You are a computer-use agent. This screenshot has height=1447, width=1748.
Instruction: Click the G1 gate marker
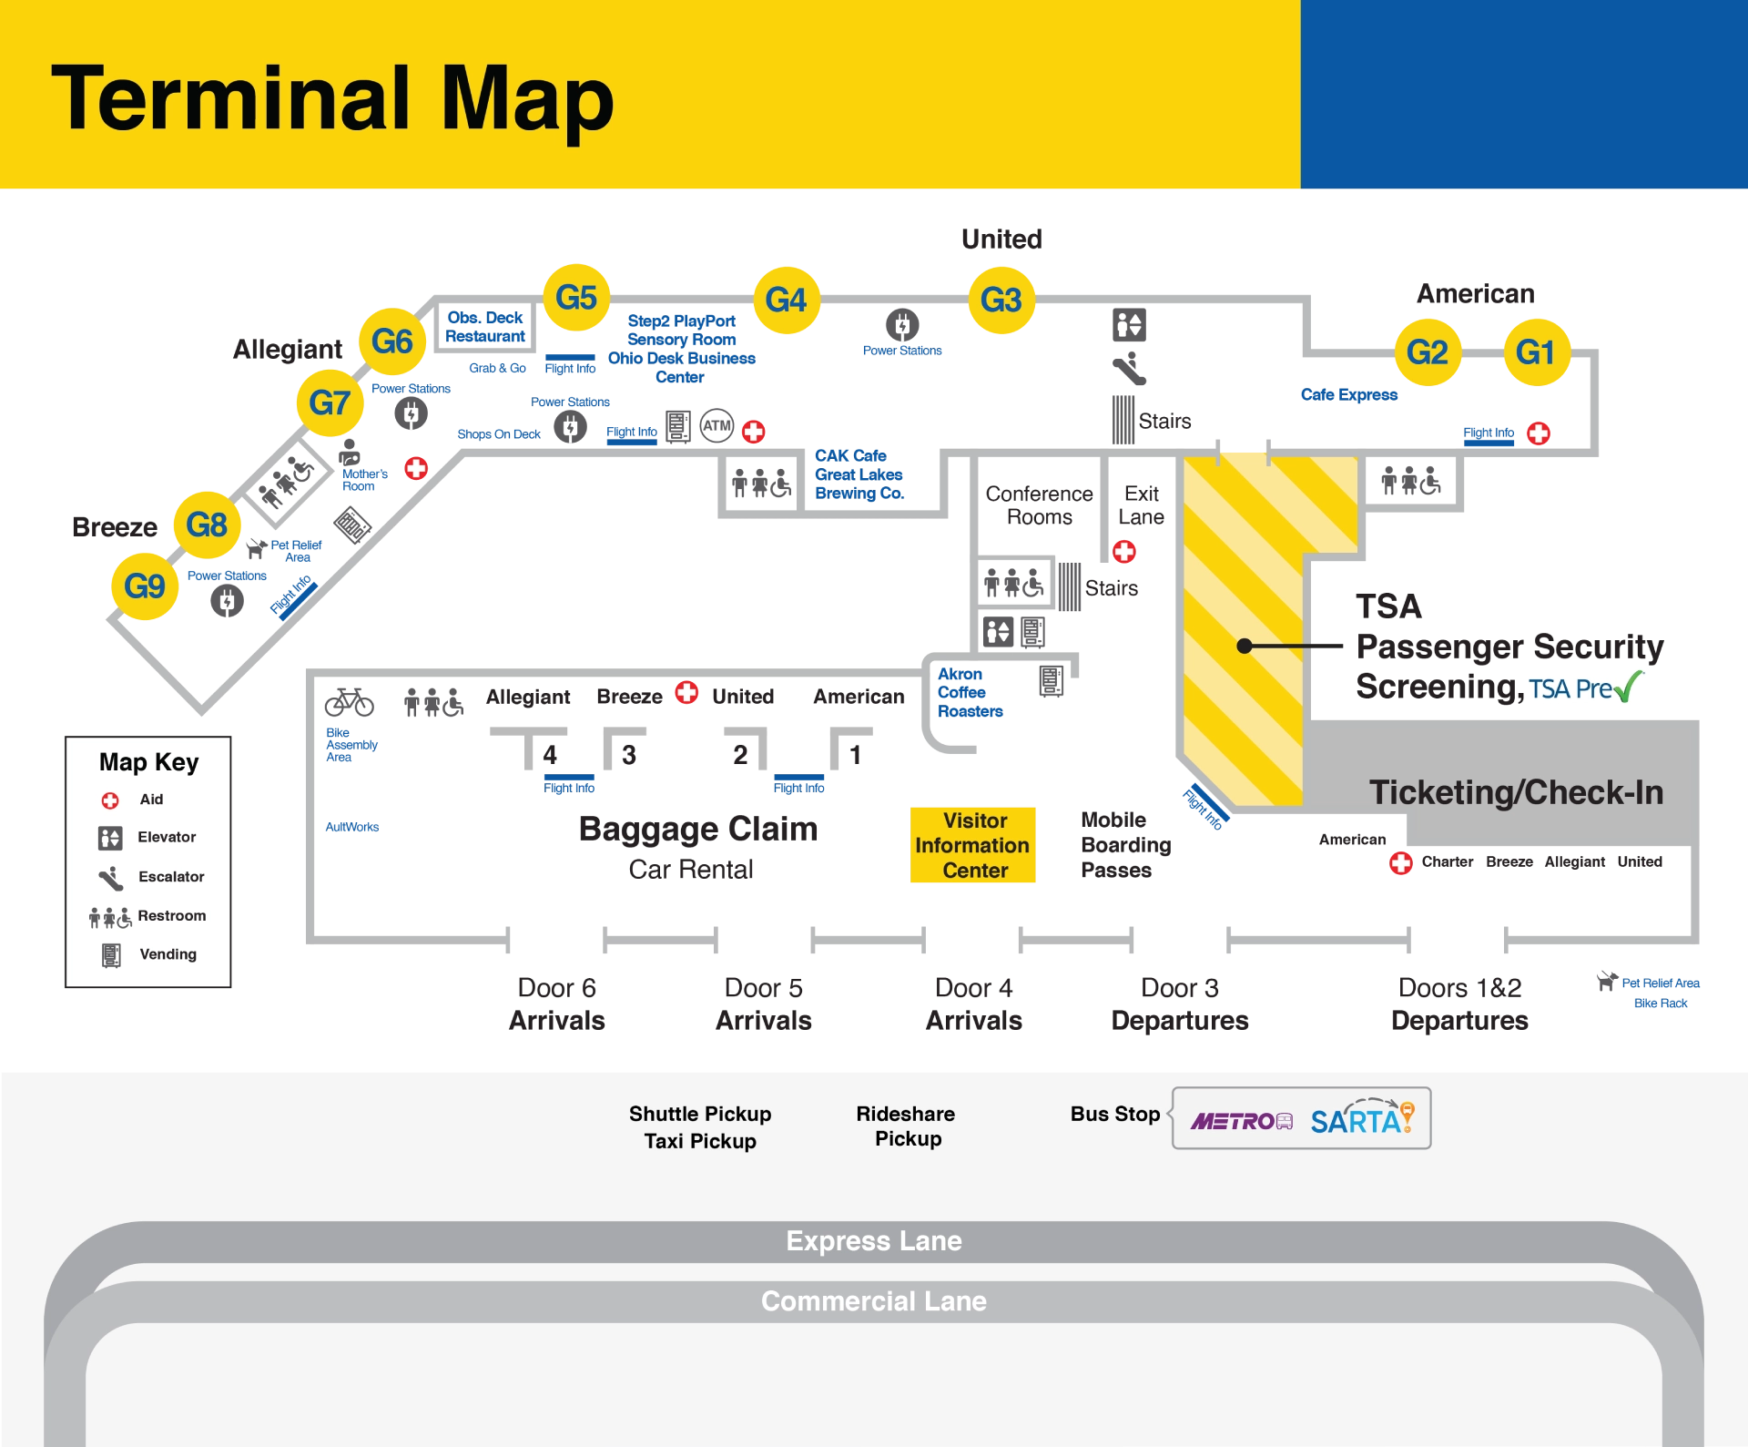point(1536,352)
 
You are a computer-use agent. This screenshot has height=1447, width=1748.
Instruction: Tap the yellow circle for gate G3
point(1001,301)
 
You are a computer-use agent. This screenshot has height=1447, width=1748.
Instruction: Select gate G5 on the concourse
point(576,298)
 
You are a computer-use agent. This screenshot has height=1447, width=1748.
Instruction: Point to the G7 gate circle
point(330,403)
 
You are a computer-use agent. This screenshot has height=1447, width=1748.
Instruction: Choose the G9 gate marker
point(145,586)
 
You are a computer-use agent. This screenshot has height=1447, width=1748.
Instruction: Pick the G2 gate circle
point(1428,352)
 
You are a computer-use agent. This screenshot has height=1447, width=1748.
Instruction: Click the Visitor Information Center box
point(974,845)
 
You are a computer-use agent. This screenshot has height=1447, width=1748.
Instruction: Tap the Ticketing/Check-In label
point(1516,792)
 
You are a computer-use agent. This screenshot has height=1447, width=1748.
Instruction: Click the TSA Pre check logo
point(1585,688)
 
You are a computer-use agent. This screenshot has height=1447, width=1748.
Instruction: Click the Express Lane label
point(874,1241)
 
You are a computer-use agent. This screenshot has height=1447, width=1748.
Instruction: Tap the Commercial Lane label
point(874,1301)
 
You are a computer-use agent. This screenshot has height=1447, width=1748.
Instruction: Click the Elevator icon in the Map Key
point(110,838)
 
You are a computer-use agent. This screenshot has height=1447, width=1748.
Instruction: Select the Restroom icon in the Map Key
point(110,916)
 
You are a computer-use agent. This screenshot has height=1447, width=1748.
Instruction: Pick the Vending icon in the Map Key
point(111,955)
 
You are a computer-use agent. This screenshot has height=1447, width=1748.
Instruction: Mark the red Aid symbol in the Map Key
point(110,800)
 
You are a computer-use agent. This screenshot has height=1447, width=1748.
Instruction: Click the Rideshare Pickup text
point(906,1126)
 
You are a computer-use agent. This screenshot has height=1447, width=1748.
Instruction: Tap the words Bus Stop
point(1115,1114)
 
